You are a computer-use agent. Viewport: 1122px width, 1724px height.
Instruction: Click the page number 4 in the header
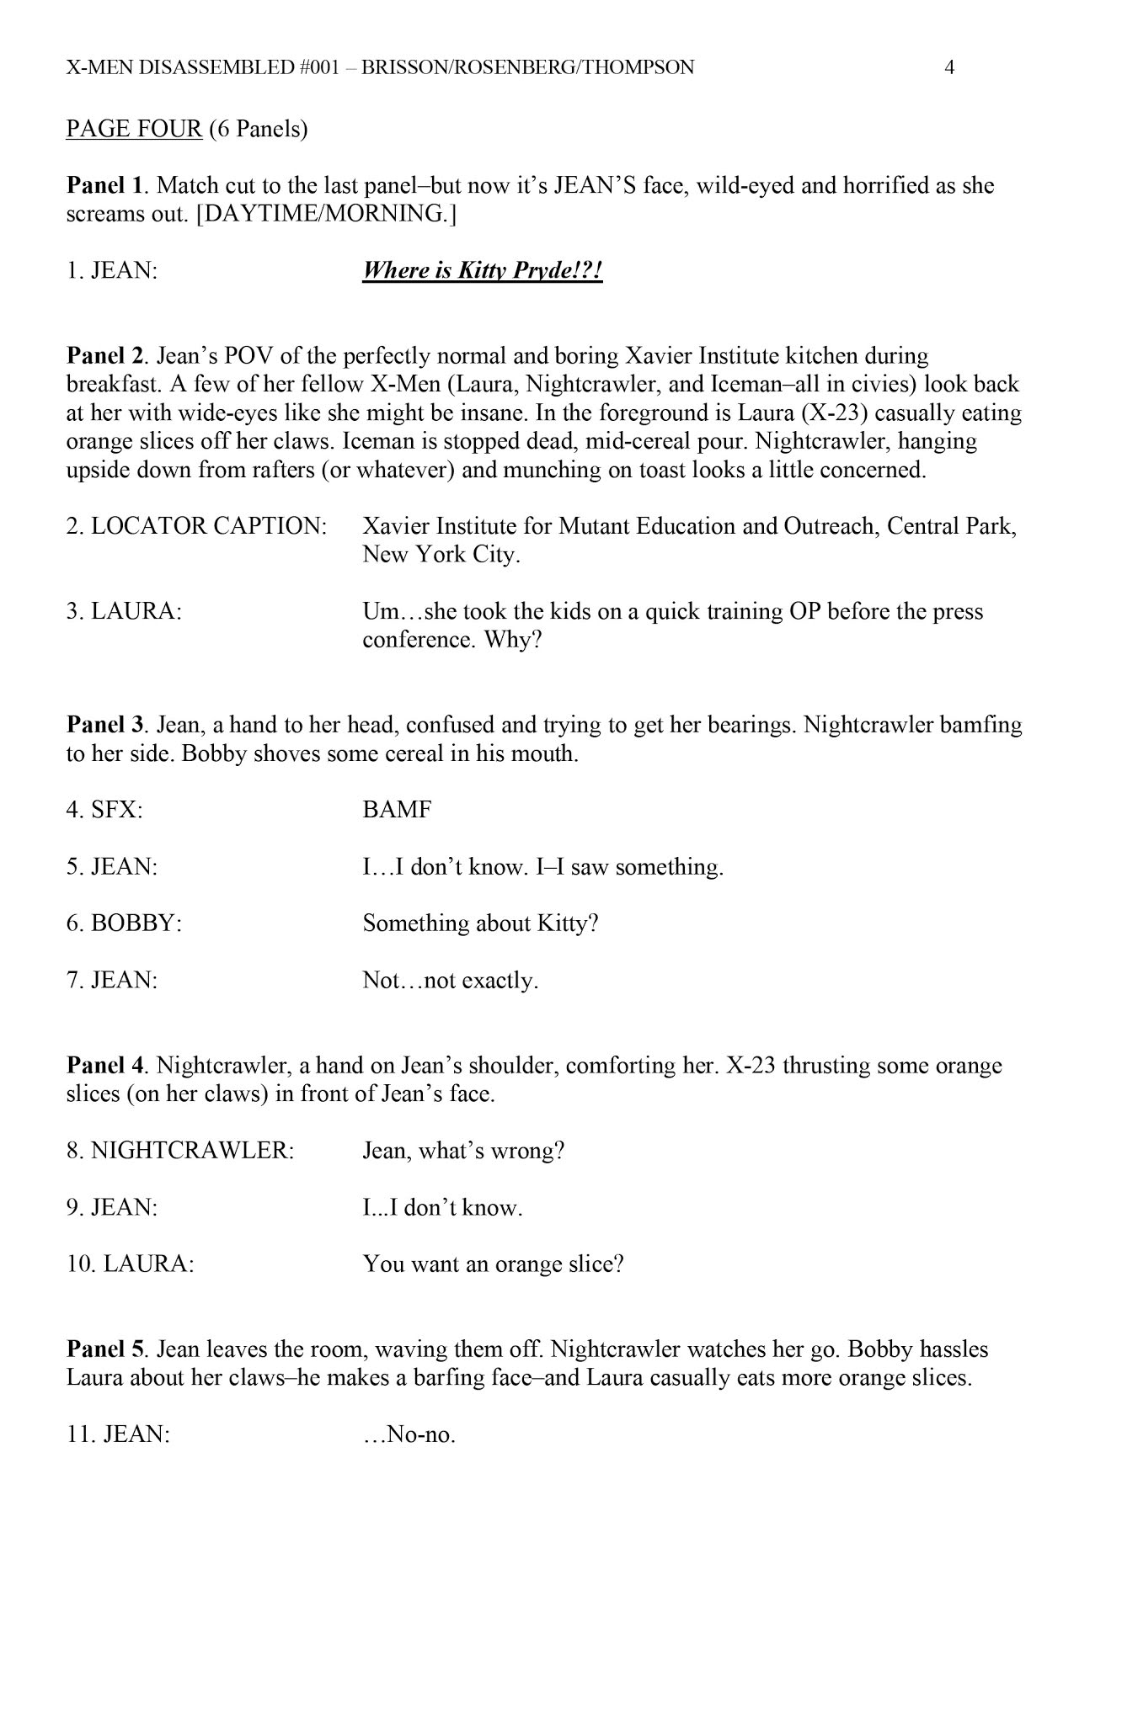tap(949, 67)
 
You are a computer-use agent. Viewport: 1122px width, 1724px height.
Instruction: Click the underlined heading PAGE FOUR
tap(134, 129)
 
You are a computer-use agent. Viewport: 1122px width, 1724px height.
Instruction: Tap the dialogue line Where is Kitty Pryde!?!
tap(483, 271)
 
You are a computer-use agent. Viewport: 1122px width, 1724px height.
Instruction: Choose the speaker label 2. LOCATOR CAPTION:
tap(196, 526)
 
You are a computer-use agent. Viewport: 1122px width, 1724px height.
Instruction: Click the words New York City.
tap(441, 555)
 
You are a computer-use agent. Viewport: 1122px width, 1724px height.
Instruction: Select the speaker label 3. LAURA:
tap(124, 612)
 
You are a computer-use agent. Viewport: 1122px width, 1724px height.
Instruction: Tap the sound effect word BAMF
tap(397, 810)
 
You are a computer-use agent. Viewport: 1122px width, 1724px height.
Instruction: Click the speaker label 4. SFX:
tap(104, 810)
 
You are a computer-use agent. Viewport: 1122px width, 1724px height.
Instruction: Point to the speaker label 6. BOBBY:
tap(124, 923)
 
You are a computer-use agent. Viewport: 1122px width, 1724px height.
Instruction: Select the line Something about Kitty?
tap(480, 923)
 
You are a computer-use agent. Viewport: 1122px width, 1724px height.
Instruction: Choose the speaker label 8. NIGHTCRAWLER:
tap(180, 1151)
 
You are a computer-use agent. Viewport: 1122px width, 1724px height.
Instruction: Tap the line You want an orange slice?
tap(493, 1264)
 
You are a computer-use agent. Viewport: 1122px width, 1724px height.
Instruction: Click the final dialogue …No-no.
tap(409, 1434)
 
